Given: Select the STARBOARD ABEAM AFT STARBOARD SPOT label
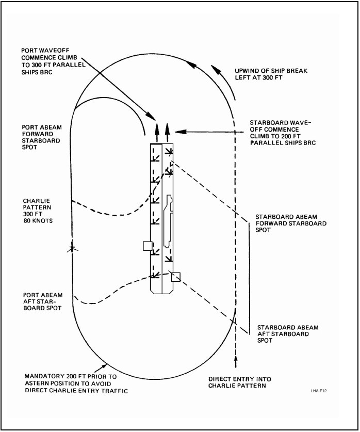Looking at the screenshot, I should [288, 334].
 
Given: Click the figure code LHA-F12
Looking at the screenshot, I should [319, 391].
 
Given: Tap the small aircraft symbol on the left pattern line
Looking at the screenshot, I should [72, 249].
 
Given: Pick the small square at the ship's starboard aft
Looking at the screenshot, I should [176, 277].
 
